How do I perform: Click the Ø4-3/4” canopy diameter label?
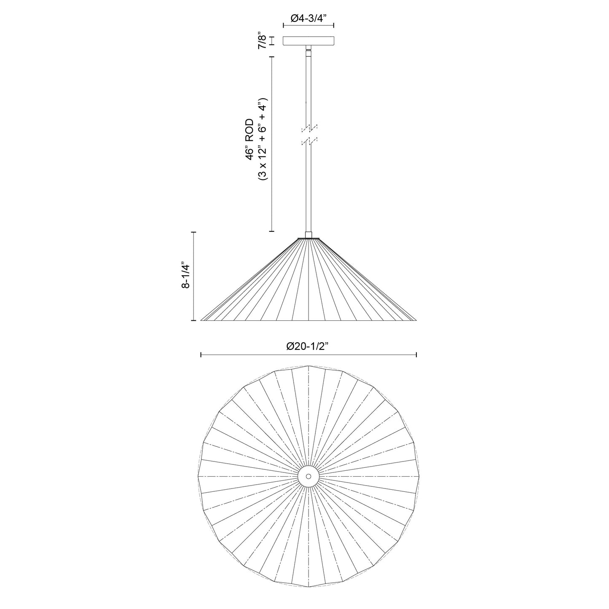308,19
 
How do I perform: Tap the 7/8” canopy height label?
263,40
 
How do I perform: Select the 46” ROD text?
250,140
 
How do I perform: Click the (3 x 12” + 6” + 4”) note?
263,140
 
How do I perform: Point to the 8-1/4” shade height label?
185,275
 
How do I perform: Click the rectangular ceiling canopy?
308,41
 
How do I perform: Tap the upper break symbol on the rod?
309,128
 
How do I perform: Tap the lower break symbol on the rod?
309,142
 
